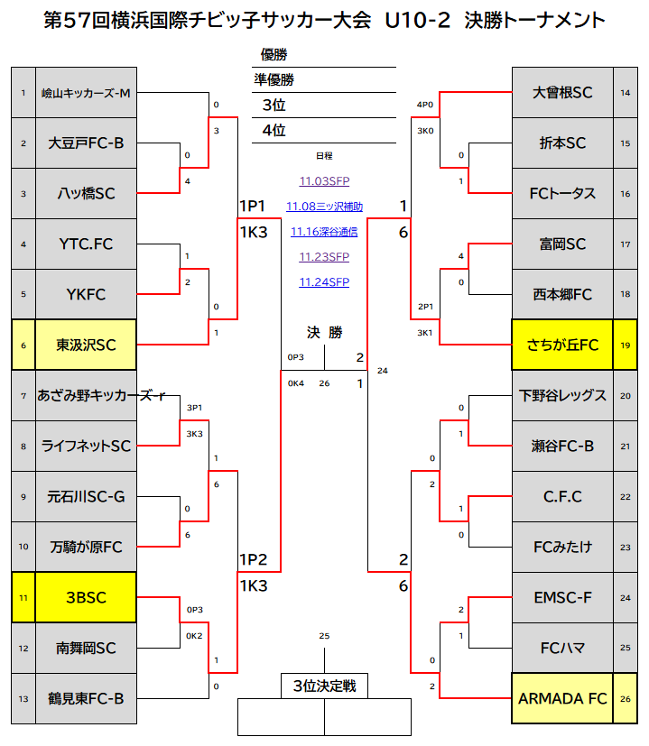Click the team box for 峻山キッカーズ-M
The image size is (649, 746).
point(87,92)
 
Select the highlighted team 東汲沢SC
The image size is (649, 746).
point(87,345)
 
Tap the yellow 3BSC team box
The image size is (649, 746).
point(87,597)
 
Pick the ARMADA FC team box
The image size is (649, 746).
point(561,698)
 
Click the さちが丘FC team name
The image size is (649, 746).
point(561,345)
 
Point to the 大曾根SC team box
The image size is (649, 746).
point(561,92)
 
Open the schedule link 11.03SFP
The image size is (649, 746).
point(324,181)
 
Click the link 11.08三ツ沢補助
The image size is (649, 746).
point(324,207)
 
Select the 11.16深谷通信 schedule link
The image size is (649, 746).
point(324,232)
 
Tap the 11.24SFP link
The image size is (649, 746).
point(324,282)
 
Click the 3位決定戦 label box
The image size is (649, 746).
point(324,686)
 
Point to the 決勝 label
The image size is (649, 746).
point(324,333)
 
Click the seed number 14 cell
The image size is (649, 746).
point(626,92)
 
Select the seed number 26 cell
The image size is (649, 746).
point(626,698)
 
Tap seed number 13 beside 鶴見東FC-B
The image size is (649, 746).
point(23,698)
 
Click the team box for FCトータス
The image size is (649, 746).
point(561,193)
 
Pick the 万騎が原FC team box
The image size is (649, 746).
point(87,547)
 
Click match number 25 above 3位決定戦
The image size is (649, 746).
point(324,636)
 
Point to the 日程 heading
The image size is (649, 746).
point(324,156)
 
